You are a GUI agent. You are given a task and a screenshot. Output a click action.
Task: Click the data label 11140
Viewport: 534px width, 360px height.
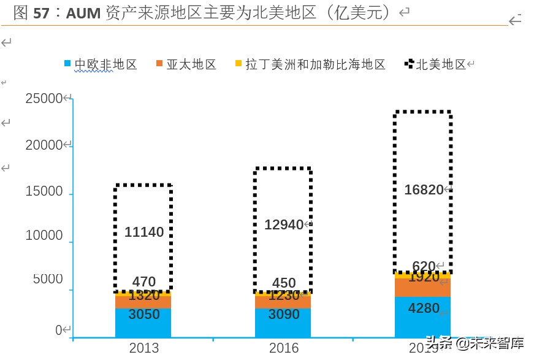coord(144,232)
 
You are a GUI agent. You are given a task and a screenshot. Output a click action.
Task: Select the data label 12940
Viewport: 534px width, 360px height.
coord(284,225)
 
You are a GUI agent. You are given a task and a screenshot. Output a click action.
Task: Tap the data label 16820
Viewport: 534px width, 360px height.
coord(424,190)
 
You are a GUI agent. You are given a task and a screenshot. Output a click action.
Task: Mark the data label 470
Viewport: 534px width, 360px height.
coord(144,282)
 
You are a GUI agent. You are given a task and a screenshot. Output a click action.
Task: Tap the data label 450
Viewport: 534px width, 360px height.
coord(284,283)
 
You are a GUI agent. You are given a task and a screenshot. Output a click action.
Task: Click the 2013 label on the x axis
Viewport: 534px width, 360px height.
coord(144,348)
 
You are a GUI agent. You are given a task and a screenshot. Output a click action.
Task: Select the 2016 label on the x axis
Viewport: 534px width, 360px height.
coord(284,348)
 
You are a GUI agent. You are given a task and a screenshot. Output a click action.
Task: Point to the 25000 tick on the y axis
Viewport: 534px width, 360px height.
coord(44,98)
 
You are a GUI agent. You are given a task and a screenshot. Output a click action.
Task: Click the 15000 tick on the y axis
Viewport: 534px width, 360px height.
coord(44,191)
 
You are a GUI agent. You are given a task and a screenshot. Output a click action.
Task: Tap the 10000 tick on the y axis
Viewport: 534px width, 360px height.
coord(44,236)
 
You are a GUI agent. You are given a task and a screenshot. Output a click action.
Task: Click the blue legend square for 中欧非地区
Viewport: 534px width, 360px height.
coord(68,64)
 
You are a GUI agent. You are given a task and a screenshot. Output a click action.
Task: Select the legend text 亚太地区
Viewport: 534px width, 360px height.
coord(192,64)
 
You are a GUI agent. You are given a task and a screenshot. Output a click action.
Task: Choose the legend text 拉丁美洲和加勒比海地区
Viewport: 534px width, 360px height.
coord(315,64)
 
